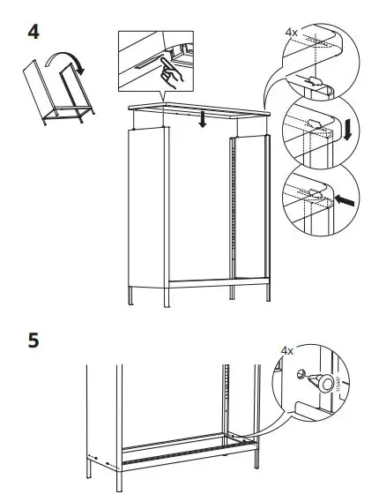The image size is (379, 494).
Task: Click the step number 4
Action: pyautogui.click(x=33, y=32)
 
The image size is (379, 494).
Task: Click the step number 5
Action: pyautogui.click(x=33, y=341)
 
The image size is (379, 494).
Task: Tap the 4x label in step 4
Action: pyautogui.click(x=292, y=32)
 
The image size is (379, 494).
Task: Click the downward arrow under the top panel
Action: pyautogui.click(x=203, y=118)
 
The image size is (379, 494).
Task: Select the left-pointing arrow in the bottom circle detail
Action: pyautogui.click(x=346, y=201)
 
